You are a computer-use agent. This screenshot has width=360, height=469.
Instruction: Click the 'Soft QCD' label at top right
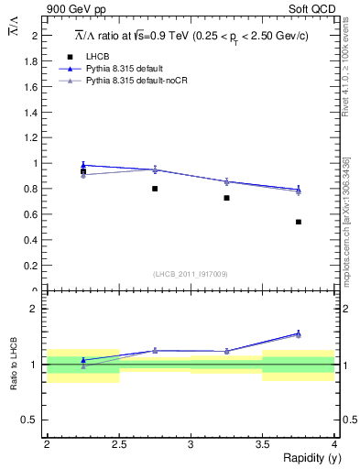tap(312, 9)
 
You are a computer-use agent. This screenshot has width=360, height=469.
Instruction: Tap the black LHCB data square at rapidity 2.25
tap(83, 171)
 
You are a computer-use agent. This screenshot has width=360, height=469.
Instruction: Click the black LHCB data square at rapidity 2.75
tap(155, 189)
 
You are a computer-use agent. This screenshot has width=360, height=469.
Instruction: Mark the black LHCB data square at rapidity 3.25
tap(226, 198)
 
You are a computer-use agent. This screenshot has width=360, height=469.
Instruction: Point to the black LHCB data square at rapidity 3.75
tap(299, 222)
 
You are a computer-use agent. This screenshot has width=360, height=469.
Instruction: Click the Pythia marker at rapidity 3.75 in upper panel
tap(299, 190)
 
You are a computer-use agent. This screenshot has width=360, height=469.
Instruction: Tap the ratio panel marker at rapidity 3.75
tap(299, 333)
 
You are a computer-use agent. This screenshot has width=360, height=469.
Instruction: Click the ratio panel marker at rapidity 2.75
tap(155, 350)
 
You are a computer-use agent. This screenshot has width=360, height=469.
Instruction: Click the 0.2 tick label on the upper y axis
tap(34, 266)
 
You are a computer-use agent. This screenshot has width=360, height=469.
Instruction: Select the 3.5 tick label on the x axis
tap(262, 444)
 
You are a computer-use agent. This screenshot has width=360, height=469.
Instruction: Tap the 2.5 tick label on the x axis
tap(119, 444)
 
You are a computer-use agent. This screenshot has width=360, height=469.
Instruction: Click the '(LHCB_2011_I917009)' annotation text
tap(191, 274)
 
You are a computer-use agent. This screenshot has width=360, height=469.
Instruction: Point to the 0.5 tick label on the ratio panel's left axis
tap(34, 420)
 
